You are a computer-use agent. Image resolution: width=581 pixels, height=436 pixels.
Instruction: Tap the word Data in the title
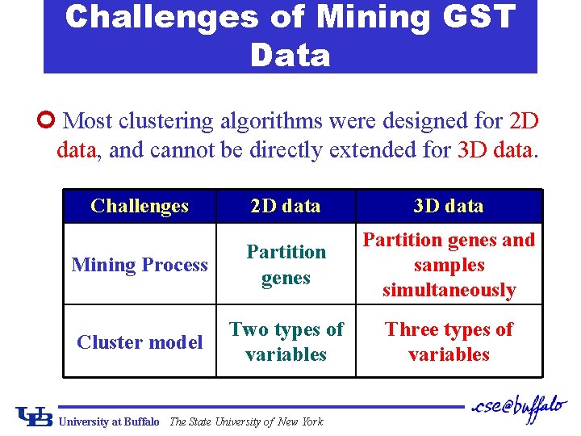tap(290, 55)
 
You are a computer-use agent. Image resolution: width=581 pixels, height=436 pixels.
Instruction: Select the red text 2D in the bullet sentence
tap(524, 122)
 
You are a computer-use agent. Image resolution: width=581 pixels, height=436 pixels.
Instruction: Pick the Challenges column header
tap(140, 206)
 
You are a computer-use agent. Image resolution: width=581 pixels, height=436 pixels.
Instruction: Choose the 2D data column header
tap(286, 206)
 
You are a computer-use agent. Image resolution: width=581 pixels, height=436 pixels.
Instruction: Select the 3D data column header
tap(449, 206)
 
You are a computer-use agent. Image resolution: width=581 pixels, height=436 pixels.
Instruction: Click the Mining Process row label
tap(140, 265)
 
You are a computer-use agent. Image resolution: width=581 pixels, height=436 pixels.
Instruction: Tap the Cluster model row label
tap(140, 342)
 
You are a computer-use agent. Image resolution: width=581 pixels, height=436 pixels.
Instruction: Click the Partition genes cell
tap(286, 265)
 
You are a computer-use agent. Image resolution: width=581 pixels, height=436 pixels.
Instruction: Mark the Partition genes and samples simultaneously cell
tap(449, 265)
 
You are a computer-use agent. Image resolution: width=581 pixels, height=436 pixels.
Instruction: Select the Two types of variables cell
tap(286, 342)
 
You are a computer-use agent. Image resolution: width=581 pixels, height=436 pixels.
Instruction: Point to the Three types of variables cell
tap(449, 342)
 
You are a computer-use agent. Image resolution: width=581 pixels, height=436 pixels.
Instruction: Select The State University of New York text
tap(246, 421)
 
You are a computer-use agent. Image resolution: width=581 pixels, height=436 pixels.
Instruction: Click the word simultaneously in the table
tap(449, 291)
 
